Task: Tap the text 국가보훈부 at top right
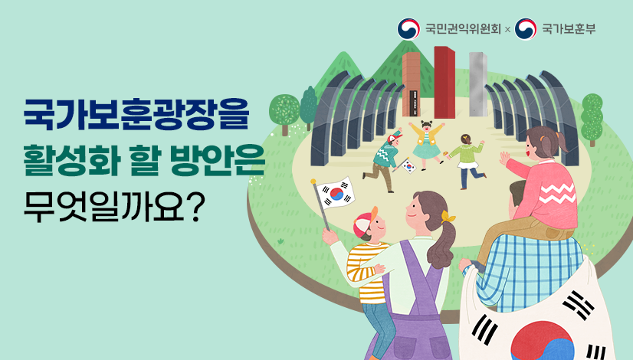point(569,29)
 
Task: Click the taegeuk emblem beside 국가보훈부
point(526,29)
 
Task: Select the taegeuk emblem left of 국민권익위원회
point(408,29)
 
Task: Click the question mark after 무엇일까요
point(194,208)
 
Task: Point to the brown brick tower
point(412,84)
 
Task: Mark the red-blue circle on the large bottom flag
point(542,340)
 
